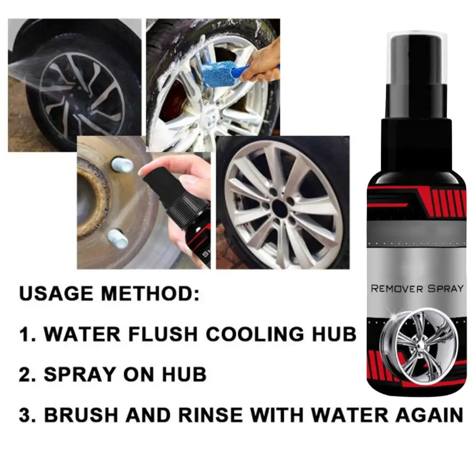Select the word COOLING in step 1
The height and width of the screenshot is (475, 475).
[255, 334]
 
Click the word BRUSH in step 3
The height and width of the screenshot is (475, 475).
[81, 415]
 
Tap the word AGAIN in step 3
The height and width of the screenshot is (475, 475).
[429, 415]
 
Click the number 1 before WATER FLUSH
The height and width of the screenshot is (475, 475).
[25, 334]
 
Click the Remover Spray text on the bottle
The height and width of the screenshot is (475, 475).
[417, 289]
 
